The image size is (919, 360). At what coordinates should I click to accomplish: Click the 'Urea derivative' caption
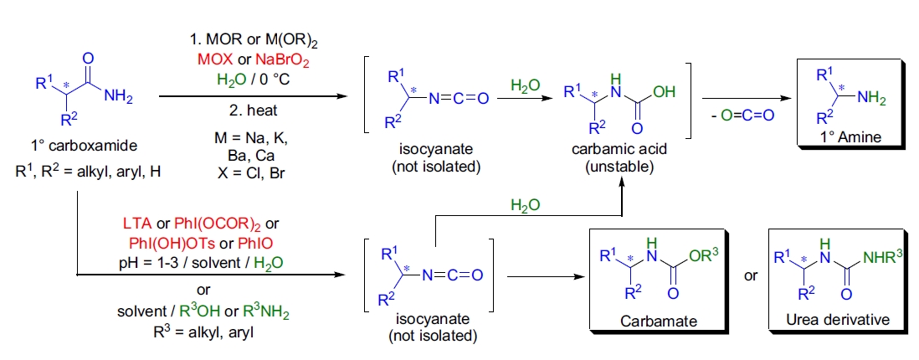tap(830, 321)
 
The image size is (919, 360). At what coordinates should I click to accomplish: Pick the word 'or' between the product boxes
tap(751, 275)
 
